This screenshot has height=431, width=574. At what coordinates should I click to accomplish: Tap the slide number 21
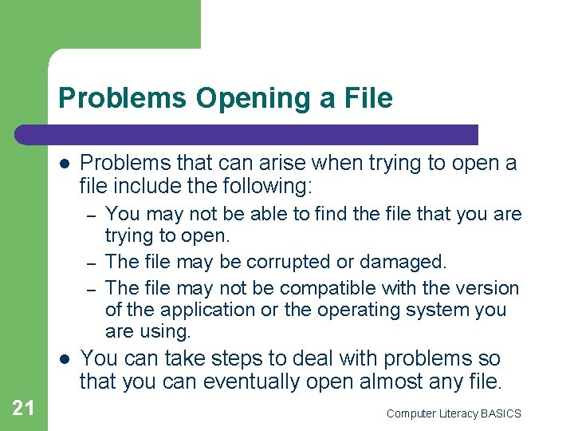[x=24, y=409]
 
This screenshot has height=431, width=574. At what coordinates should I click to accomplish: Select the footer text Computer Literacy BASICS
[x=454, y=413]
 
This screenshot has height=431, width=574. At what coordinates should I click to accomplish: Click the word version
[x=487, y=288]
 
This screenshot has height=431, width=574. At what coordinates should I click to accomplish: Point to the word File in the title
[x=368, y=99]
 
